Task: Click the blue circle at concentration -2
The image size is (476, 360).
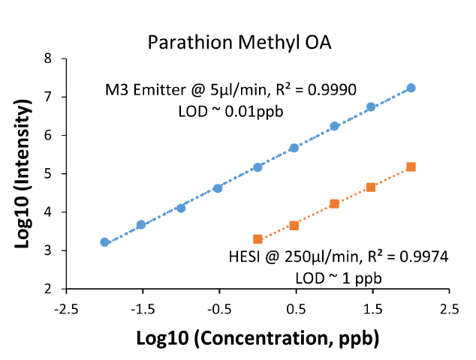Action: (104, 242)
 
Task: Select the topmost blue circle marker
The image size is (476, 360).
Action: (411, 88)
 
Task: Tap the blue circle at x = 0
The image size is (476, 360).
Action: (258, 167)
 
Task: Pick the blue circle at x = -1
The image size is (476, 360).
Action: (181, 208)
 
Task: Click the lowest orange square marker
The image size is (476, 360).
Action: (258, 239)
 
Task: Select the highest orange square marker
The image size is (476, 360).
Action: (411, 166)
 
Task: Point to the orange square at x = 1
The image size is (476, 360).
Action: (334, 203)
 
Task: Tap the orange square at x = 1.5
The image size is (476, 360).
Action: (371, 187)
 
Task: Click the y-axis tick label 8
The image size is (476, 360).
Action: (47, 58)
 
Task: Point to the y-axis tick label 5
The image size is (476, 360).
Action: (47, 174)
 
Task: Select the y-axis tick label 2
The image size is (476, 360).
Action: (47, 289)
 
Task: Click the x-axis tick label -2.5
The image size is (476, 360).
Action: (66, 308)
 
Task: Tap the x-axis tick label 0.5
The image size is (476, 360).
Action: (296, 308)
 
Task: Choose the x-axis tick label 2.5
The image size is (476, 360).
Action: (449, 308)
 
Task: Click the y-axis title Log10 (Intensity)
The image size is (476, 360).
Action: (23, 172)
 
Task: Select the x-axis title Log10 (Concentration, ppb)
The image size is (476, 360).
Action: (258, 337)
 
